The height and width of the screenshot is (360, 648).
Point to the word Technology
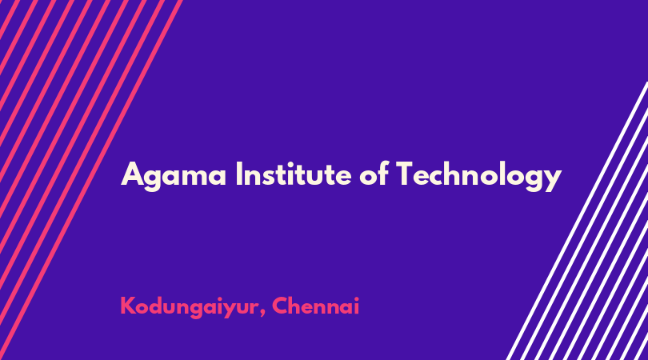click(478, 176)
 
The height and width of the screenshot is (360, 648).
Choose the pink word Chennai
click(316, 306)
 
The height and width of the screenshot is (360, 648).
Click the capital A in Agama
click(133, 174)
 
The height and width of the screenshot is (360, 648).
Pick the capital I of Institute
click(239, 174)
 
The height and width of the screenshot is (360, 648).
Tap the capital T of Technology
click(406, 174)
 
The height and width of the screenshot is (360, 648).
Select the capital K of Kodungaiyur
click(128, 306)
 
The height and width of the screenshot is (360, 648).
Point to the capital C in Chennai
click(281, 306)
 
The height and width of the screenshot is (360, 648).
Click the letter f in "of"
click(383, 173)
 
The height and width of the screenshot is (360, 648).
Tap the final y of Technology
click(552, 180)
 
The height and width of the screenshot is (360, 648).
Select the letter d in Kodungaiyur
click(158, 306)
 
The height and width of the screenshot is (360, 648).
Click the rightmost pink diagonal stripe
click(90, 180)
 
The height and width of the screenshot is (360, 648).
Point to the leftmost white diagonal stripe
click(577, 221)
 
